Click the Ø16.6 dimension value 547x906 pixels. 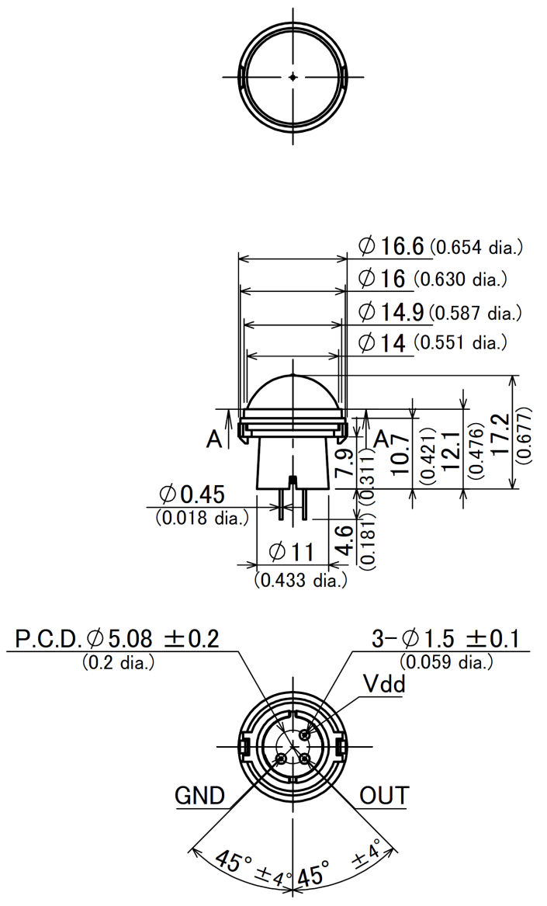(392, 246)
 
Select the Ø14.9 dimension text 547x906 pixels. (392, 311)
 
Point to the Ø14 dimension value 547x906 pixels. (383, 342)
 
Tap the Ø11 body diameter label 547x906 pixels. (291, 552)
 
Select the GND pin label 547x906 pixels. (199, 796)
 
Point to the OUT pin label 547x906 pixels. (383, 796)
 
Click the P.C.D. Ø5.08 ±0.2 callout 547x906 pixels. (117, 639)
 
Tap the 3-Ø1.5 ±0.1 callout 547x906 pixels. (445, 639)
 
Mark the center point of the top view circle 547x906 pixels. (293, 76)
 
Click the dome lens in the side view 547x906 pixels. (293, 392)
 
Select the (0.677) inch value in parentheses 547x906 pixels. (528, 434)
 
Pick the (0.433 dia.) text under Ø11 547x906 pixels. (300, 580)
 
